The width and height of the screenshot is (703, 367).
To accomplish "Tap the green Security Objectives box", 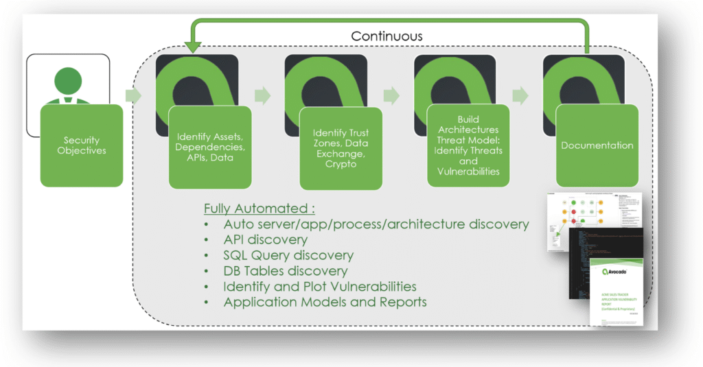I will click(x=82, y=145).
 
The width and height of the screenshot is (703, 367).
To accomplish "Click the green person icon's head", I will click(x=67, y=80).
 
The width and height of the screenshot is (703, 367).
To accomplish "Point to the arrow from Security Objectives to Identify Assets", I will click(x=134, y=95).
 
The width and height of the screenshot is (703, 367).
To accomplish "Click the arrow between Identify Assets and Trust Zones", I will click(x=262, y=94).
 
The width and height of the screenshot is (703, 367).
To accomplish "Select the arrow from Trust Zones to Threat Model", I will click(x=391, y=94).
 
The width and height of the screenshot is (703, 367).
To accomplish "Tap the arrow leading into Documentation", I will click(x=520, y=95).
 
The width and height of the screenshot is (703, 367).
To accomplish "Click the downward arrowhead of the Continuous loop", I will click(x=192, y=47).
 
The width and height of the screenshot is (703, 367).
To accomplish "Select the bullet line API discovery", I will click(x=265, y=240).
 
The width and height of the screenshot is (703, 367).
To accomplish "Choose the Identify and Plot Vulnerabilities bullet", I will click(x=320, y=286).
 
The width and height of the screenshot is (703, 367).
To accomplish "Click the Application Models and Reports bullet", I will click(x=325, y=302).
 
